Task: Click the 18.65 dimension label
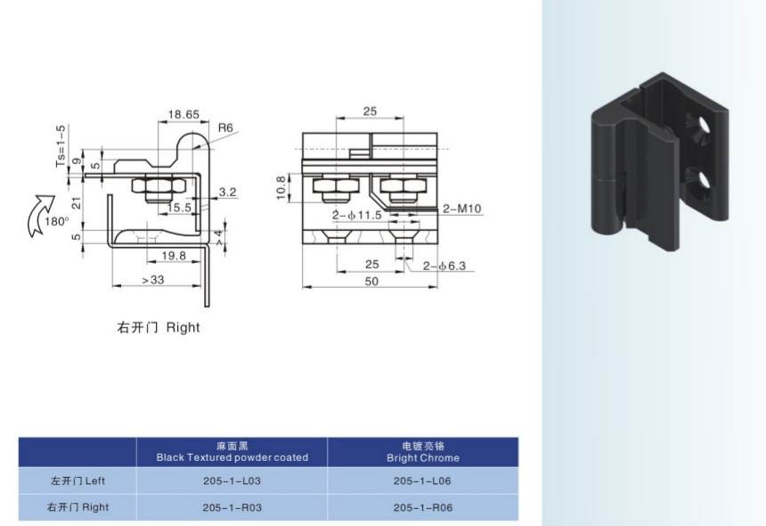(183, 114)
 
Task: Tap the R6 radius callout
(225, 127)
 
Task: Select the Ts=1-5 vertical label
(61, 146)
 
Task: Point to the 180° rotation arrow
(39, 215)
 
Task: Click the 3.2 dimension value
(227, 192)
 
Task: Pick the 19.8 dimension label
(174, 256)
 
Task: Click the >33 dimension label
(153, 280)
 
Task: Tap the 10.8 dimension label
(281, 188)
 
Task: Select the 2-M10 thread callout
(461, 209)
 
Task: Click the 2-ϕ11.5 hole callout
(356, 215)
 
